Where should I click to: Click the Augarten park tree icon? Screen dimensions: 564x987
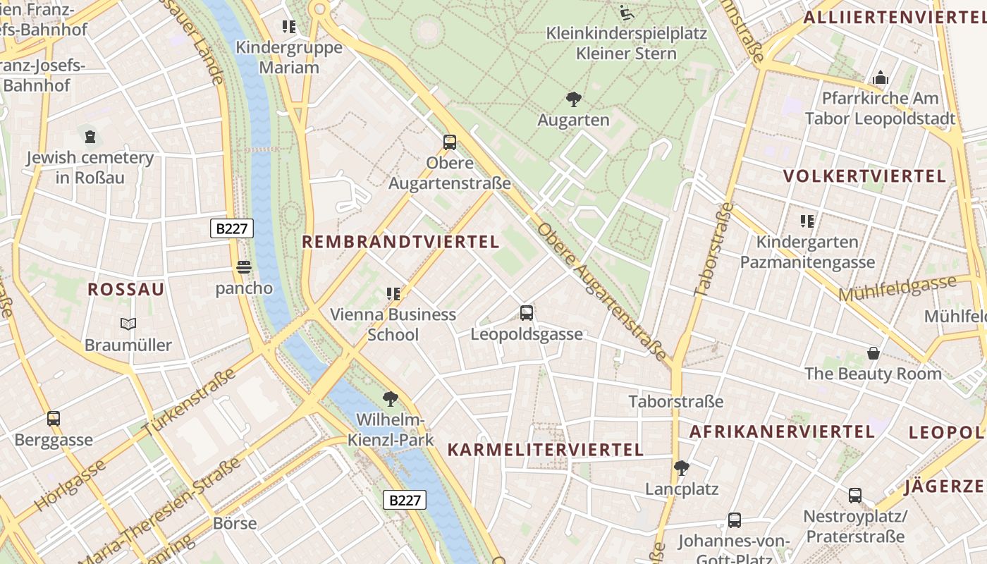(x=574, y=99)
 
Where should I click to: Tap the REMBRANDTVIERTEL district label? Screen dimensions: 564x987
(x=400, y=242)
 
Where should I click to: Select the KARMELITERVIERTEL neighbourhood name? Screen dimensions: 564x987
(x=546, y=450)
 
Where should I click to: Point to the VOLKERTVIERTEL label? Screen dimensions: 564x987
(x=864, y=176)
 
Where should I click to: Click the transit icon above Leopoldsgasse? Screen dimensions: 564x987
(x=527, y=313)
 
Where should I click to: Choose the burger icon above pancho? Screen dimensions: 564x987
(x=244, y=267)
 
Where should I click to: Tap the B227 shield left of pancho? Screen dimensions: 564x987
(x=231, y=228)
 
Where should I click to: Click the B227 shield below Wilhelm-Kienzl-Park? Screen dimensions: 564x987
(x=405, y=500)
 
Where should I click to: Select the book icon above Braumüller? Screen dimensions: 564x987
(x=128, y=324)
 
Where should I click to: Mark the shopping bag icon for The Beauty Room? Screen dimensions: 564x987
(x=873, y=352)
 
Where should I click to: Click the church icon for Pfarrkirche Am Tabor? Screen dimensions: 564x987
(x=880, y=78)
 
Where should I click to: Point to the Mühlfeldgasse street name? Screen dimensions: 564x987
(x=896, y=288)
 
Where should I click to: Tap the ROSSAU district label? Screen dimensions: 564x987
(x=126, y=289)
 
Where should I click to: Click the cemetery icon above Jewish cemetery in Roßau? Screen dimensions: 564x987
(x=90, y=137)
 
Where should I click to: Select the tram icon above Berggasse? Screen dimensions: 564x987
(x=54, y=419)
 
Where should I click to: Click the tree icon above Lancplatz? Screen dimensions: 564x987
(x=681, y=467)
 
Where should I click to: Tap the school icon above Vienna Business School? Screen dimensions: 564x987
(x=393, y=293)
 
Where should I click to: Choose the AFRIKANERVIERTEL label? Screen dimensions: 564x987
(x=782, y=431)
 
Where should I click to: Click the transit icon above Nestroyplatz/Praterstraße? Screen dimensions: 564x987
(x=855, y=495)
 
